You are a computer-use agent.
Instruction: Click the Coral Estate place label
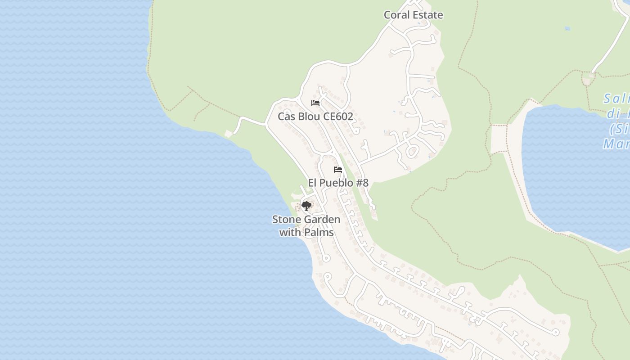coord(413,15)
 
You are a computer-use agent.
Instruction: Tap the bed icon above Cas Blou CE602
coord(315,103)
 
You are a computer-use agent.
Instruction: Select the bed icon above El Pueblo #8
coord(338,170)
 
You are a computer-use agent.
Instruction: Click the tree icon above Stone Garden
coord(306,206)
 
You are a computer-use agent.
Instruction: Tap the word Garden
coord(322,220)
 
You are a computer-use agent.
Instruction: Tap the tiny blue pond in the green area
coord(567,28)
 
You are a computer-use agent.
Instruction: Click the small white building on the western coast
coord(229,134)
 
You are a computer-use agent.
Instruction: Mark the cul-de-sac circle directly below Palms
coord(326,258)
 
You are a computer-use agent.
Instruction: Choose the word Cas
coord(287,117)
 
